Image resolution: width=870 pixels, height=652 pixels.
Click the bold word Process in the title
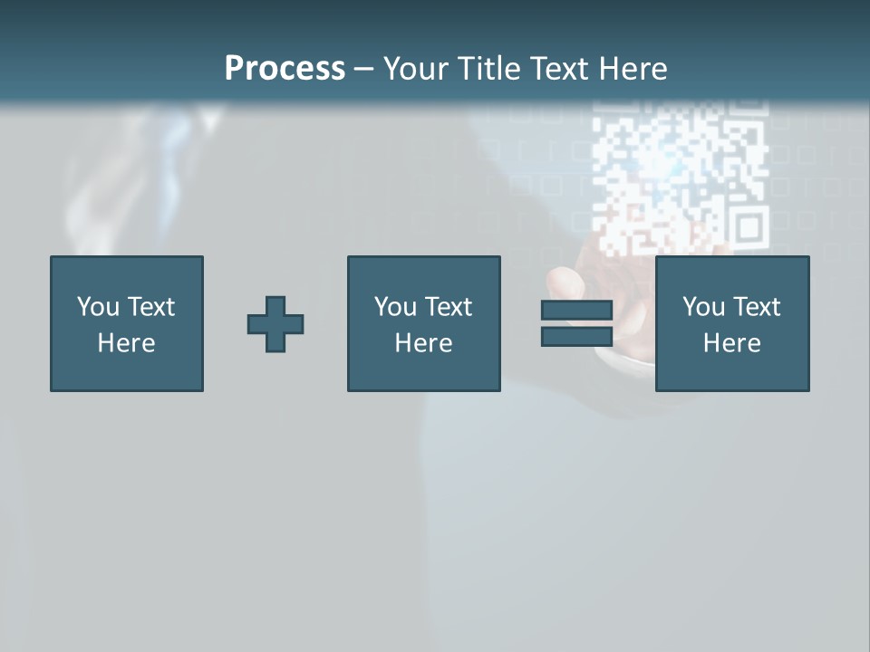tap(285, 69)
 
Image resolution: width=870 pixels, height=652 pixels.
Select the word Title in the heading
tap(489, 69)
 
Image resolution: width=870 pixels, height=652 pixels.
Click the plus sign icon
tap(275, 324)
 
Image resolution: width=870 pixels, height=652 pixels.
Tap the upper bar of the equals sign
tap(576, 311)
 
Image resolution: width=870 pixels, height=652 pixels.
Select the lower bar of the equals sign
tap(576, 336)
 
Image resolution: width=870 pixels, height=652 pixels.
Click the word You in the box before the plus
tap(98, 307)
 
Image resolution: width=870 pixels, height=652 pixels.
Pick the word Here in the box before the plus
tap(126, 343)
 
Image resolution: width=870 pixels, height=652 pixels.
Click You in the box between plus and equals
tap(395, 307)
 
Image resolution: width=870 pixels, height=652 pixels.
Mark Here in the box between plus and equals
tap(423, 343)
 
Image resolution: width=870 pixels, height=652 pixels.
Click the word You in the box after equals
tap(703, 307)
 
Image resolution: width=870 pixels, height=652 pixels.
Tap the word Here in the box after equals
tap(731, 343)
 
